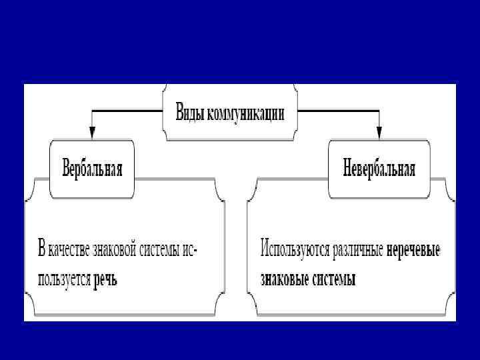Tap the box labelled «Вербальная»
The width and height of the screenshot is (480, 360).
92,168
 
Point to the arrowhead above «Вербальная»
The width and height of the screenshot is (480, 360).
92,133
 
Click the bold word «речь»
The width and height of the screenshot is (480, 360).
105,279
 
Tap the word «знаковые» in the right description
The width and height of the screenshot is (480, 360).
283,279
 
